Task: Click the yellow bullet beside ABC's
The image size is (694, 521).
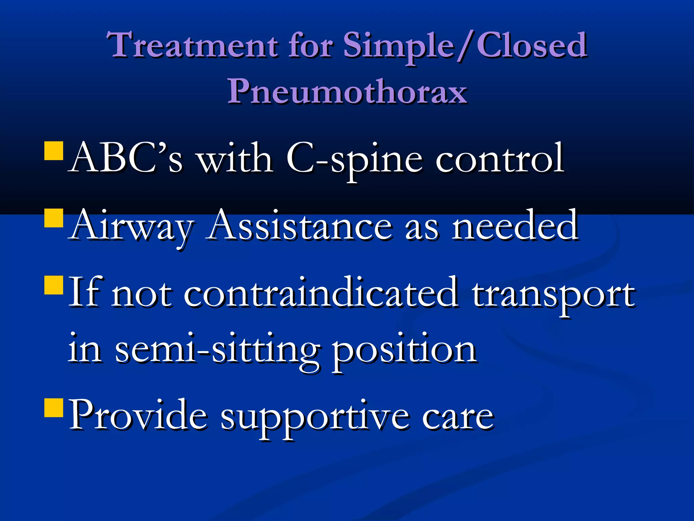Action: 54,151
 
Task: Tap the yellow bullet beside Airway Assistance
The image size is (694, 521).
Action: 54,218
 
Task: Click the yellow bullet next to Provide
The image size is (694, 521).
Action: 54,407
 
